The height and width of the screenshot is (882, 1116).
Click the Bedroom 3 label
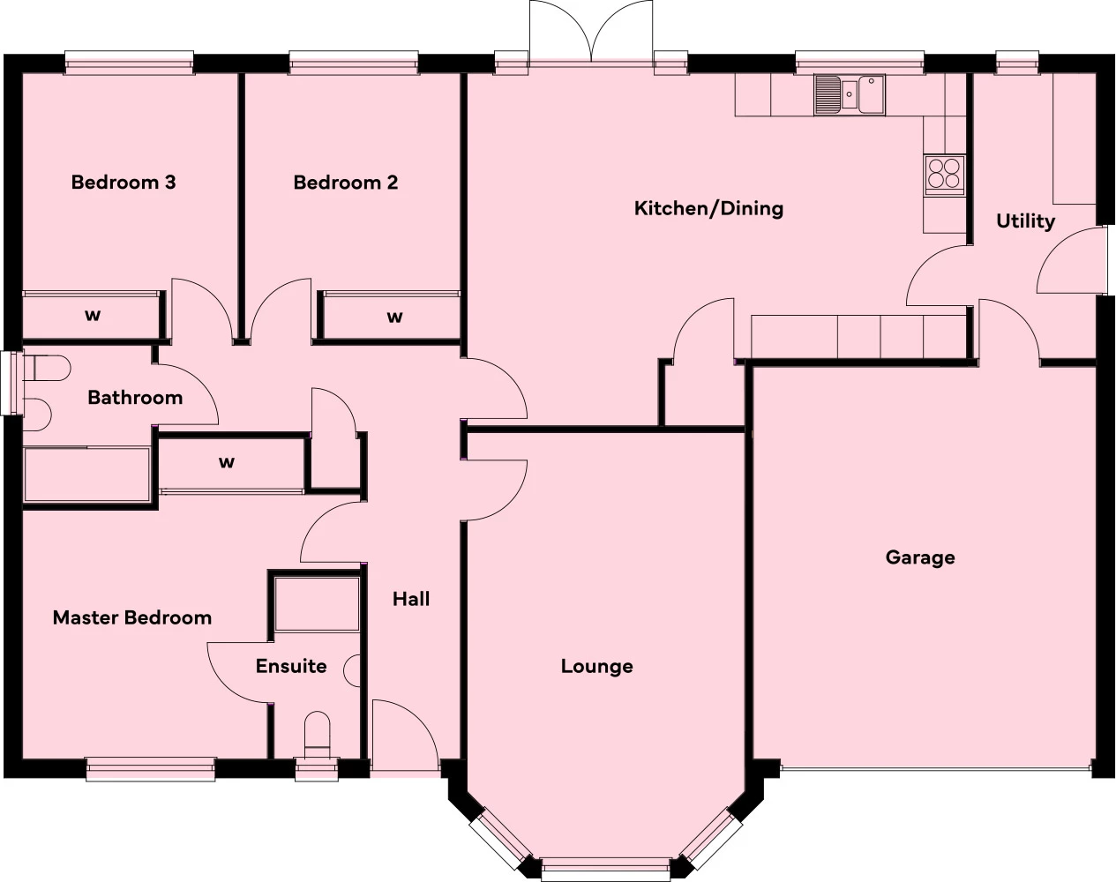point(124,183)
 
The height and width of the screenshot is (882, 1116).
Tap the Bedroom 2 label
point(346,183)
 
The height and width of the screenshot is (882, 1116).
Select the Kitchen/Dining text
point(708,208)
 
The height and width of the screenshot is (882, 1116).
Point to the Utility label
point(1025,220)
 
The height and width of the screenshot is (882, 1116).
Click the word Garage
point(920,557)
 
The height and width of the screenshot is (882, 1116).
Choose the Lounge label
point(596,666)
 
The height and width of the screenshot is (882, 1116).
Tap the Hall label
point(411,599)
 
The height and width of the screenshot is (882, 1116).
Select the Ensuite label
point(291,666)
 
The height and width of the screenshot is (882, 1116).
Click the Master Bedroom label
point(132,617)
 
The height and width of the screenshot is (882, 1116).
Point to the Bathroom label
point(135,398)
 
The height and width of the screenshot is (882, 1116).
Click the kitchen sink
point(850,94)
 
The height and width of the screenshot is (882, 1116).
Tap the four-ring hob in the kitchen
point(944,173)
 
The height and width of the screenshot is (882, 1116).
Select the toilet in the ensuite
point(316,735)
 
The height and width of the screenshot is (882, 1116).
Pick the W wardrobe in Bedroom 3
point(92,316)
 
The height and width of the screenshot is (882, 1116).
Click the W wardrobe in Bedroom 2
point(394,316)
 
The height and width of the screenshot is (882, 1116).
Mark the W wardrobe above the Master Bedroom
point(228,462)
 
